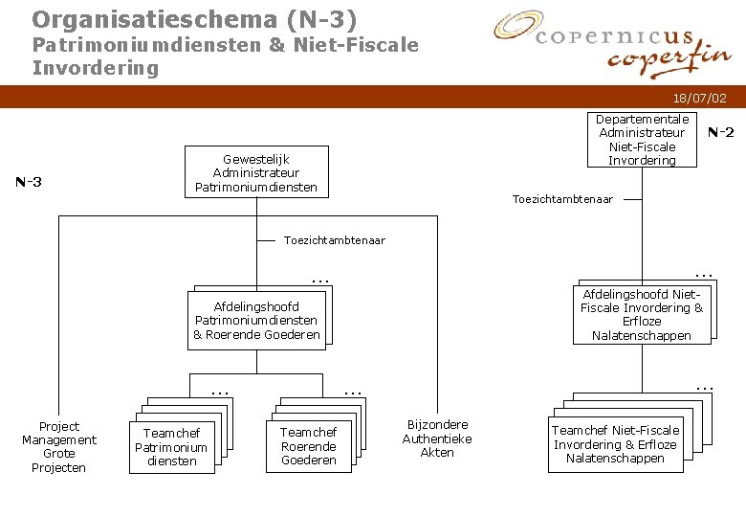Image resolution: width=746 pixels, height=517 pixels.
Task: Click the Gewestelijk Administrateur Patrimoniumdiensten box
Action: click(255, 172)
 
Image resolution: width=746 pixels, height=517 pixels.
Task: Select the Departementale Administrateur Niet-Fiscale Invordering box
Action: click(642, 140)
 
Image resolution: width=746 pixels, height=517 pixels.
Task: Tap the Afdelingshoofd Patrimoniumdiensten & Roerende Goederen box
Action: click(256, 321)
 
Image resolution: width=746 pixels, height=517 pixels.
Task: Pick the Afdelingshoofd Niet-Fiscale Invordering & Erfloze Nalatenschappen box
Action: click(641, 315)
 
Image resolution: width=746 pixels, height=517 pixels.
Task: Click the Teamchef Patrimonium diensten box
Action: click(171, 447)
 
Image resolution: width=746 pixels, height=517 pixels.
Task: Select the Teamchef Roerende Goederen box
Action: click(308, 446)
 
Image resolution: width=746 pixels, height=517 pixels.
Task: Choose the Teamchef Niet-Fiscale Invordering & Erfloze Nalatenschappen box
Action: click(615, 444)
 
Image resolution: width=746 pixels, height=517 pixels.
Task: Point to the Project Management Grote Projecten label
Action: click(59, 447)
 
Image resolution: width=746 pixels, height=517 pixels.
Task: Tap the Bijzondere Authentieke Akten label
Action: click(437, 438)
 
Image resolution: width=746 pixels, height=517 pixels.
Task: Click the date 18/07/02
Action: click(699, 98)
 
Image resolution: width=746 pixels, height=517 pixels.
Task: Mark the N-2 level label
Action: click(720, 133)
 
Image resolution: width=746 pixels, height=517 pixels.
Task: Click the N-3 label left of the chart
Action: click(28, 182)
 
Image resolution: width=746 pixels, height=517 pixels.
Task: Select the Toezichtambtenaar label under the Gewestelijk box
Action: click(334, 240)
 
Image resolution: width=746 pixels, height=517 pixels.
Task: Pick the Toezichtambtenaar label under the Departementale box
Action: click(562, 199)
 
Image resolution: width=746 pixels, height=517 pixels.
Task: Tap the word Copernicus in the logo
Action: click(614, 36)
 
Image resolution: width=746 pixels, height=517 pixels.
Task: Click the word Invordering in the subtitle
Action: click(95, 68)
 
